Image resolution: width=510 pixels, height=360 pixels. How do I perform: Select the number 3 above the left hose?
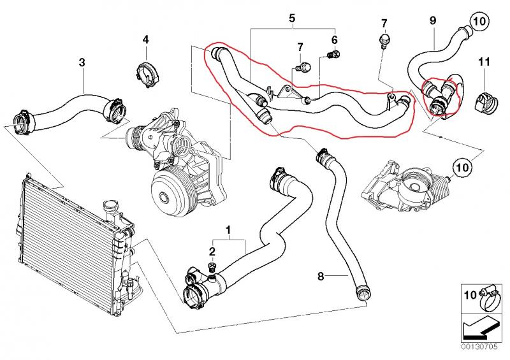pyautogui.click(x=81, y=62)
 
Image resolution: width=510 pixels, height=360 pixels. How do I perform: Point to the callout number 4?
pyautogui.click(x=145, y=40)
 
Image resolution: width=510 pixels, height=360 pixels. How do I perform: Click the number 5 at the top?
pyautogui.click(x=292, y=18)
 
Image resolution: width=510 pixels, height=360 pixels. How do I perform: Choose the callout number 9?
pyautogui.click(x=432, y=21)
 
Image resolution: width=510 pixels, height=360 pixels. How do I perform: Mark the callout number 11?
pyautogui.click(x=484, y=62)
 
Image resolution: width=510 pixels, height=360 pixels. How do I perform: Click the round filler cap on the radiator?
pyautogui.click(x=112, y=208)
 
